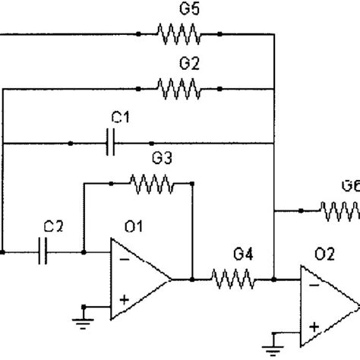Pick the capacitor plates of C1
(x=112, y=143)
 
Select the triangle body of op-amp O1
(x=141, y=279)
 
